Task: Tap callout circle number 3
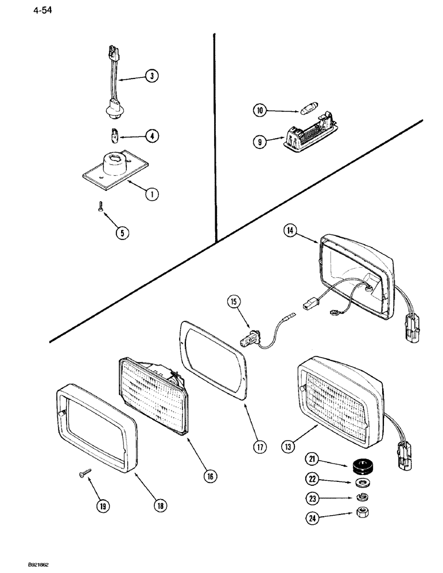151,76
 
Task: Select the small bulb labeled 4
115,136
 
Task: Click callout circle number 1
151,194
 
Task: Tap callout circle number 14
290,232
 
